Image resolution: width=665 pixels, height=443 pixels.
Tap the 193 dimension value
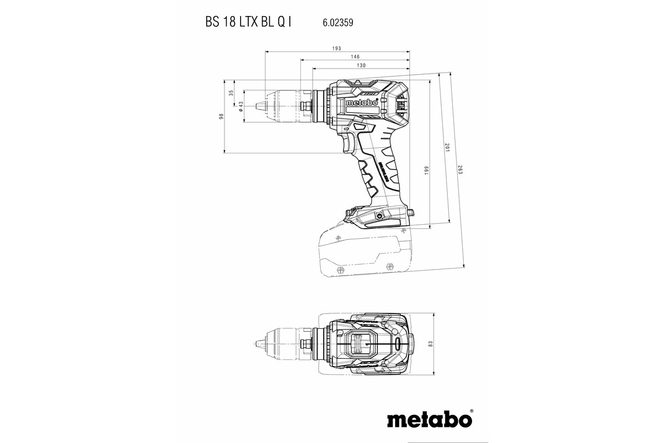coord(336,49)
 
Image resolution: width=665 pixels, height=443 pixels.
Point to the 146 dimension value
coord(355,57)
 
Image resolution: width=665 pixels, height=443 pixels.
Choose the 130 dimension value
coord(361,65)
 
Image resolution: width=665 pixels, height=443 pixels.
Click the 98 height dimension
coord(221,116)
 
